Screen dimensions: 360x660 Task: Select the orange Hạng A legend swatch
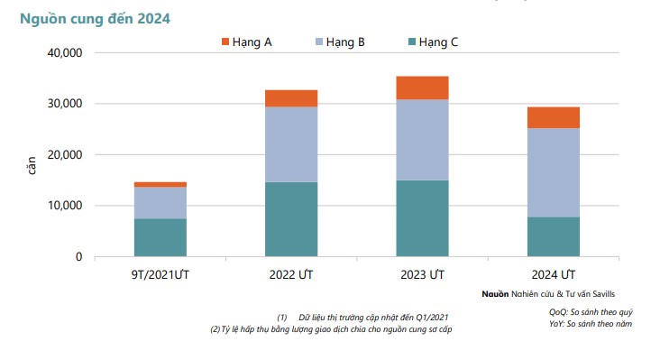coord(225,42)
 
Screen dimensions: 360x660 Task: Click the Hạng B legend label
coord(345,42)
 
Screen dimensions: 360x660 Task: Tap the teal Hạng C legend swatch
coord(412,42)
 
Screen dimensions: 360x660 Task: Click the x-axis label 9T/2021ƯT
coord(160,273)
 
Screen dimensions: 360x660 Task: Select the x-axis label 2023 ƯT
coord(422,273)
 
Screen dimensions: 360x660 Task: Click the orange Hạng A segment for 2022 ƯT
coord(290,98)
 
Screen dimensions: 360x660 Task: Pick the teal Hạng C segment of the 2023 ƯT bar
coord(422,218)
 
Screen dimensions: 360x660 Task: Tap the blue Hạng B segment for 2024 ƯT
coord(553,172)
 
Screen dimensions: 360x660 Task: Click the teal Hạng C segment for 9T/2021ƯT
coord(160,237)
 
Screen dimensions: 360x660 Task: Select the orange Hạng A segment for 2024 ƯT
coord(553,117)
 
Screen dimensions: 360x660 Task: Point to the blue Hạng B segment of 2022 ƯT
coord(290,144)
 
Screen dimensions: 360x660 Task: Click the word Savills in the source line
coord(600,294)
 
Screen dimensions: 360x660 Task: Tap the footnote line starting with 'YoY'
coord(591,322)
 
